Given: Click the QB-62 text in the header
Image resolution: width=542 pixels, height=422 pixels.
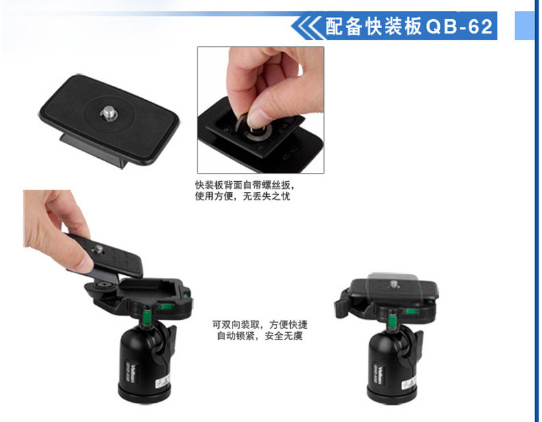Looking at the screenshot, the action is [x=459, y=27].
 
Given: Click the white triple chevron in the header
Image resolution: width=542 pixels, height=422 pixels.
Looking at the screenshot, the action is [x=307, y=26].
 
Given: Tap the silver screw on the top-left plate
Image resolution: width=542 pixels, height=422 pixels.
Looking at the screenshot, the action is [x=108, y=114].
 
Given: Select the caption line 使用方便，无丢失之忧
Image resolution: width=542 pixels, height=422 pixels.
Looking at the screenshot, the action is [x=243, y=196].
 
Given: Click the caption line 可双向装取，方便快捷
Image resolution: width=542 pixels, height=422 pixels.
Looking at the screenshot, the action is [x=259, y=325].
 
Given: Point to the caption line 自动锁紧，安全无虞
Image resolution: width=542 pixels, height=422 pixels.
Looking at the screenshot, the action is [x=259, y=336].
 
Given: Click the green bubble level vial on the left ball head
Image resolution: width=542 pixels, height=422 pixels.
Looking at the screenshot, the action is [x=148, y=317].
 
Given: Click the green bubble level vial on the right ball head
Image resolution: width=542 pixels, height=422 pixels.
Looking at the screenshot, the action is [x=393, y=320].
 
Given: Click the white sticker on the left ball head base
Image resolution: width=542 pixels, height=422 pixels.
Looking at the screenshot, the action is [x=163, y=382].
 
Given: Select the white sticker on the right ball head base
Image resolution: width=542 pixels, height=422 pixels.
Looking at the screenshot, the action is [x=410, y=383].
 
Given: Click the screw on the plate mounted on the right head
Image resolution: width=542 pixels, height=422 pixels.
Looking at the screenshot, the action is [x=393, y=285].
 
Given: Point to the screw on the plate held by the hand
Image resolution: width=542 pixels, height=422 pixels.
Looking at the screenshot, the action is [x=99, y=248].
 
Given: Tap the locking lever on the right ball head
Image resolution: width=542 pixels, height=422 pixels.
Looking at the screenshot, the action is [x=342, y=304].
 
